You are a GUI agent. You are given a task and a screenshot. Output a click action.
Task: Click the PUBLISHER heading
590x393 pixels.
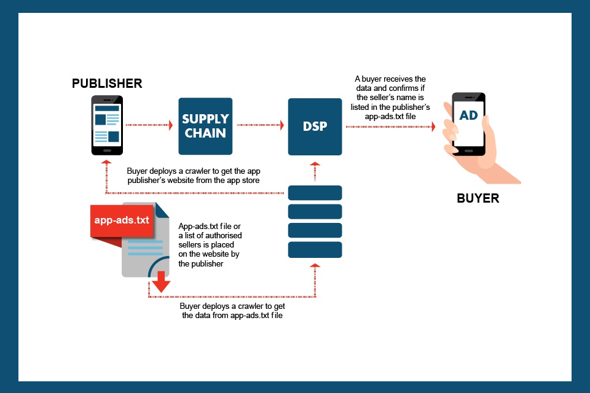coord(107,84)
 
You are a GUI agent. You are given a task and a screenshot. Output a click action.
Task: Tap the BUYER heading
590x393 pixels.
coord(478,198)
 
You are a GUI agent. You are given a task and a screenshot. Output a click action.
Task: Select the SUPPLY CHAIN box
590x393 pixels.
coord(205,126)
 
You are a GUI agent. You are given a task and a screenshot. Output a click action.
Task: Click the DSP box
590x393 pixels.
coord(315,126)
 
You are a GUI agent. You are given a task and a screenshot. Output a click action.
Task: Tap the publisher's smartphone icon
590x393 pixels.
coord(107,125)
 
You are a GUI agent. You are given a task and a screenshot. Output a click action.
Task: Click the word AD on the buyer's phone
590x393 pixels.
coord(468,116)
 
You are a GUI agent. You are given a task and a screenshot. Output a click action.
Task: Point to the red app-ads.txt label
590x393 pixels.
coord(122,220)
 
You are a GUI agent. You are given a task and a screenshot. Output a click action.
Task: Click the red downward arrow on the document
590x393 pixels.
coord(161,284)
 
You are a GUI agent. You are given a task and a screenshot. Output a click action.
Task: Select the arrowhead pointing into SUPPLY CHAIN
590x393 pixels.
coord(170,125)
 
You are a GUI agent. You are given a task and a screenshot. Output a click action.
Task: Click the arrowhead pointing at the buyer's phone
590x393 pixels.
coord(433,126)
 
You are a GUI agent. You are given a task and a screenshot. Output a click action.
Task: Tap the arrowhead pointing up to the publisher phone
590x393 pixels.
coord(107,163)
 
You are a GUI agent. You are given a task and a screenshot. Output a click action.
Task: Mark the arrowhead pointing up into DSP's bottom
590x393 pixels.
coord(315,164)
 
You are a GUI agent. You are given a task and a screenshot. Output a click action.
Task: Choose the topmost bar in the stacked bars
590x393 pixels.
coord(315,193)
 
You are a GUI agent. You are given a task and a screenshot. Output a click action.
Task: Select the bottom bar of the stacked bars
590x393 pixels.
coord(315,249)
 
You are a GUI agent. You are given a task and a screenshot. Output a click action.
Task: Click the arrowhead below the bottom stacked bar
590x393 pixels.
coord(315,267)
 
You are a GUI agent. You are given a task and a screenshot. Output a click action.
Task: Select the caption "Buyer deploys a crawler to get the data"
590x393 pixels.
coord(232,311)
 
